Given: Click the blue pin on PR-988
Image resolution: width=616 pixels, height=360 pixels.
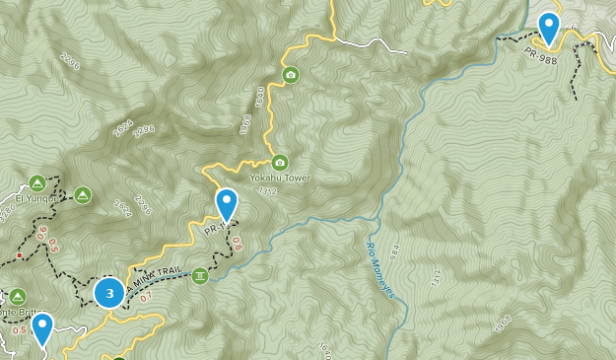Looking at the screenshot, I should coord(549,28).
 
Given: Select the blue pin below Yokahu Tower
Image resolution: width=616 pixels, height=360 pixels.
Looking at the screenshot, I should coord(227,205).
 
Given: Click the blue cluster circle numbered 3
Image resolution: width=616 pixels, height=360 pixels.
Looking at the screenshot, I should coord(109,293).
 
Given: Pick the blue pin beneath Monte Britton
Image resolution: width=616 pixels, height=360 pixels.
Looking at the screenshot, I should coord(41,329).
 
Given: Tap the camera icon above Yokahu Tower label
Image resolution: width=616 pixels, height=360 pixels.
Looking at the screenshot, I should coord(279,163).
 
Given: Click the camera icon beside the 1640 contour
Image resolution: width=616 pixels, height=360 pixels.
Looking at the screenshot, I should coord(290,75).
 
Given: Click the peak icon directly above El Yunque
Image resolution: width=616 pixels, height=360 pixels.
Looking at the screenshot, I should coord(37,182).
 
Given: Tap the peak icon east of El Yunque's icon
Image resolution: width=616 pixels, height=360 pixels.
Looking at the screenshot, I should coord(82,194).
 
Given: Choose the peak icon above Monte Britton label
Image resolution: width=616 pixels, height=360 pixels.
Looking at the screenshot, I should coord(18,296).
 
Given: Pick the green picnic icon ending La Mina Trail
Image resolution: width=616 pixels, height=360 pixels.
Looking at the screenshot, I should coord(200,275).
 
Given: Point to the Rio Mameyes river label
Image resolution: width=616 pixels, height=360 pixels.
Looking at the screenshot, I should coord(380,270).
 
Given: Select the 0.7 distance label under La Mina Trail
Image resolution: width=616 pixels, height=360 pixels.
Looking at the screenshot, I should coord(146,297).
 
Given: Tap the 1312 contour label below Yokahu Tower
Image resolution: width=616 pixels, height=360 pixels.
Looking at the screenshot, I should coord(266,190).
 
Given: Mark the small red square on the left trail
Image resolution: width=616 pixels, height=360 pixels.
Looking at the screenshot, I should coord(19,255).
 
